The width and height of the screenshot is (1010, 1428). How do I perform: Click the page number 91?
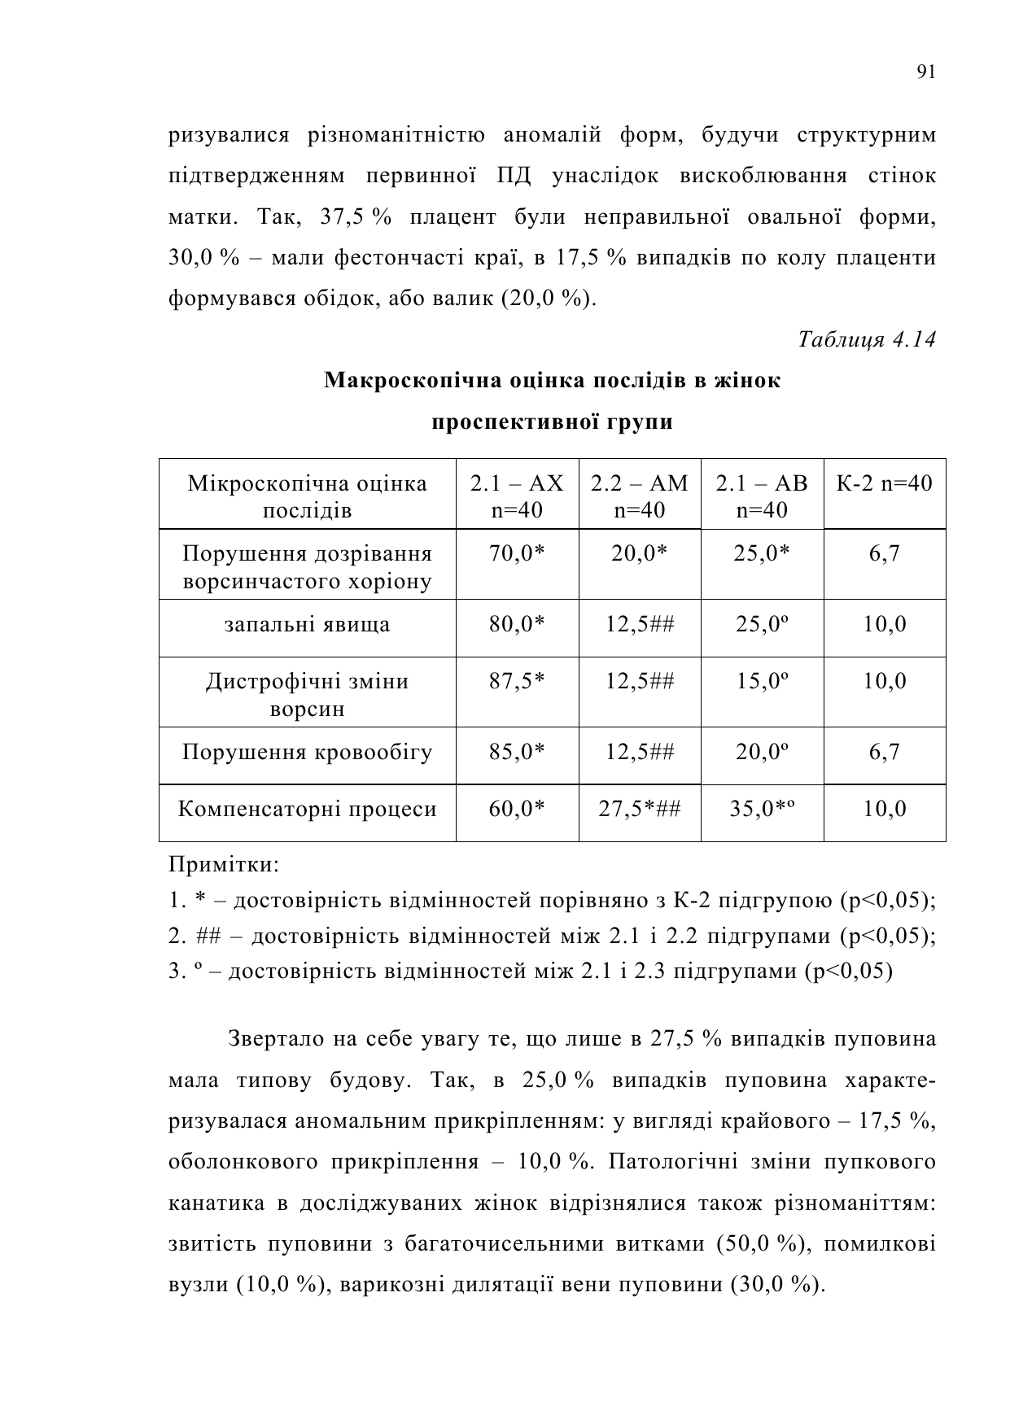(926, 72)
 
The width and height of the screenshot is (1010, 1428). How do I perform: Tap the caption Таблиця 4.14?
(867, 339)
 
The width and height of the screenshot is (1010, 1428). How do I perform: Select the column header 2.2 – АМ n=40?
(639, 496)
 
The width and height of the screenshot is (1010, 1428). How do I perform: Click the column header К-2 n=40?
(884, 483)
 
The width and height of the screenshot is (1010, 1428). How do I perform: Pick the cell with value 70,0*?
(517, 553)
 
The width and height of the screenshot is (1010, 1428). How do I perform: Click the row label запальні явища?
(307, 624)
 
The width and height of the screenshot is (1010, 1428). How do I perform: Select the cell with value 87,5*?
(517, 681)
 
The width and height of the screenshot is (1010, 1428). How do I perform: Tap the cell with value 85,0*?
(517, 751)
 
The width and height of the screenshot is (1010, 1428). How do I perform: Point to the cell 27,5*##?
(639, 809)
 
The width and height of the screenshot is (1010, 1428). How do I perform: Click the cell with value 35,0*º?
(762, 809)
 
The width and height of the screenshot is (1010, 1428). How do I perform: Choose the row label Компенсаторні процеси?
(307, 809)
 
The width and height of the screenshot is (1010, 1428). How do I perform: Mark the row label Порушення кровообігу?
(307, 751)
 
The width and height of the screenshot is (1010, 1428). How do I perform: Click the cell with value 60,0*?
(517, 809)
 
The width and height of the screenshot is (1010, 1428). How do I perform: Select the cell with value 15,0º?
(762, 681)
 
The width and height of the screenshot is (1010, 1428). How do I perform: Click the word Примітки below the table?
(223, 864)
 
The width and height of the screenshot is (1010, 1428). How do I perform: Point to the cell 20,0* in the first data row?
(639, 553)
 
